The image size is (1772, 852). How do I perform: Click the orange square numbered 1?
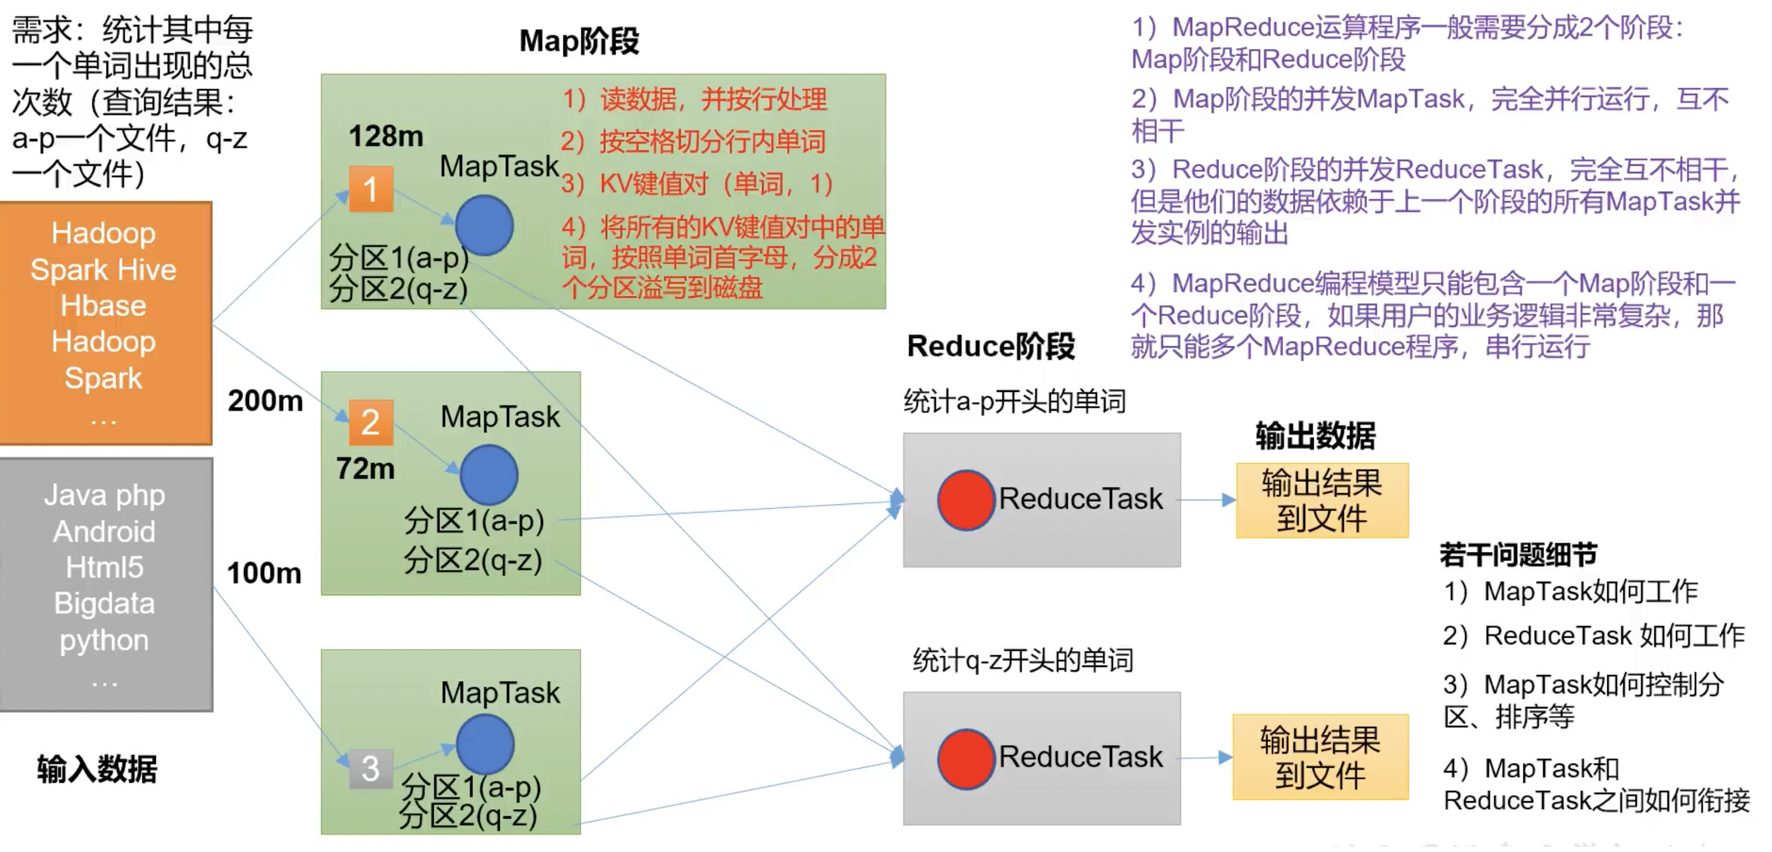pyautogui.click(x=371, y=189)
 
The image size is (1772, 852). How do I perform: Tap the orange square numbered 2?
pyautogui.click(x=371, y=422)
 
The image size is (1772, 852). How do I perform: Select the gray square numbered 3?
pyautogui.click(x=371, y=768)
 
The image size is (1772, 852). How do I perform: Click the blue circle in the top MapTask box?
pyautogui.click(x=484, y=225)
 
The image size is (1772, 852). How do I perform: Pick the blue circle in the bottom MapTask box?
pyautogui.click(x=485, y=744)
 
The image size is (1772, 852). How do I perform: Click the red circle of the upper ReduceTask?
pyautogui.click(x=966, y=500)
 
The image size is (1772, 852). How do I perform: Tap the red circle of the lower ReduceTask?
pyautogui.click(x=966, y=758)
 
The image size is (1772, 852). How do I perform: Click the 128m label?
pyautogui.click(x=386, y=136)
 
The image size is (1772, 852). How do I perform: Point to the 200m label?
pyautogui.click(x=265, y=401)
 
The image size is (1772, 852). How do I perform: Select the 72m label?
pyautogui.click(x=365, y=469)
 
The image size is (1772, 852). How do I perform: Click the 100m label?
pyautogui.click(x=264, y=573)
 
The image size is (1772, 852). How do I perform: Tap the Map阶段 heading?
pyautogui.click(x=579, y=41)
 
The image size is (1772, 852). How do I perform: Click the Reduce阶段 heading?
pyautogui.click(x=991, y=346)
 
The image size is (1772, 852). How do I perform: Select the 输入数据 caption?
pyautogui.click(x=97, y=769)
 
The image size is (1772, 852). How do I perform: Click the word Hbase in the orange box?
pyautogui.click(x=103, y=306)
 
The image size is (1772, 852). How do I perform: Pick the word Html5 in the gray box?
pyautogui.click(x=105, y=567)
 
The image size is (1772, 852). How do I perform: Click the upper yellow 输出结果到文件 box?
pyautogui.click(x=1321, y=500)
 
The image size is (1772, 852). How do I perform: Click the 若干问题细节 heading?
pyautogui.click(x=1518, y=554)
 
